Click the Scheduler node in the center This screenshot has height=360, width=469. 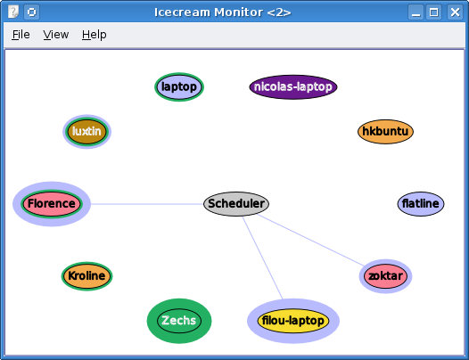point(236,204)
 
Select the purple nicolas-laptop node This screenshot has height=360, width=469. point(293,86)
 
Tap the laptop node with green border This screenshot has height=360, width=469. point(179,86)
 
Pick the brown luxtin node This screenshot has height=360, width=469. point(86,132)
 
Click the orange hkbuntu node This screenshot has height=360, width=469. point(385,132)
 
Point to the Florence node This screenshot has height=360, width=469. point(52,204)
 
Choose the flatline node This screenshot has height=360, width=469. point(421,204)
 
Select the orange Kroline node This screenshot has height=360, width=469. point(86,275)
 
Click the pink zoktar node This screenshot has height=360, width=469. point(385,276)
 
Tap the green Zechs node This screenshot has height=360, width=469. point(179,321)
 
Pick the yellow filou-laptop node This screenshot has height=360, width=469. point(293,321)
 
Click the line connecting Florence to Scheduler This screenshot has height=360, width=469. point(147,204)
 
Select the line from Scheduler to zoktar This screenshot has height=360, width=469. point(311,240)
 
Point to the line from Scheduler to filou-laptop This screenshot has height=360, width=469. point(262,258)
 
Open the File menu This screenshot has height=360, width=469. point(21,35)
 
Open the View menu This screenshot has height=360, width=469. point(56,35)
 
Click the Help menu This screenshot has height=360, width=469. point(95,35)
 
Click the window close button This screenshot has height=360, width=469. point(455,12)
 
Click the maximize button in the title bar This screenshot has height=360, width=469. point(433,12)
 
